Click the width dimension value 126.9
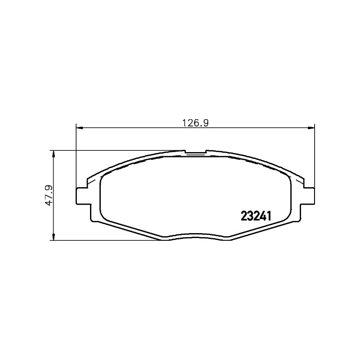195,123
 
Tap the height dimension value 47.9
49,195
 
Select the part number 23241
256,216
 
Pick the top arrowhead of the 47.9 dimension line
54,154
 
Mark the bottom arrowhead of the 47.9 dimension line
54,237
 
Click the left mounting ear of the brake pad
82,196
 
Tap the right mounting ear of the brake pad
309,196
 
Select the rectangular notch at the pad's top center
195,152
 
